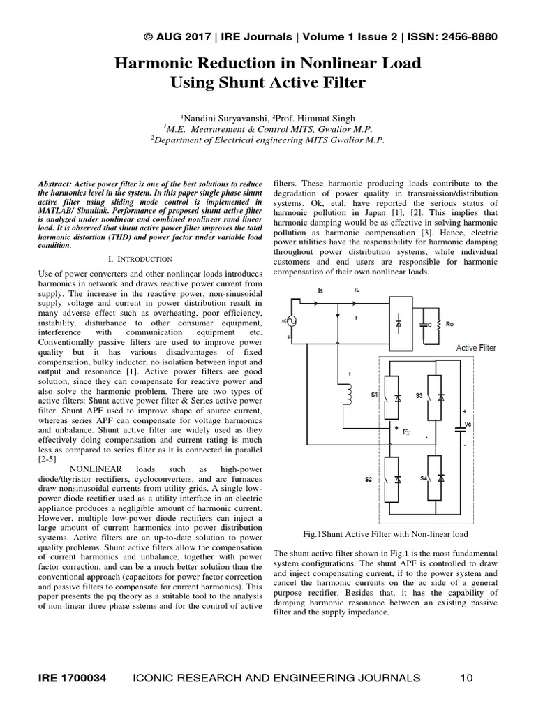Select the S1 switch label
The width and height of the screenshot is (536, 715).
coord(374,395)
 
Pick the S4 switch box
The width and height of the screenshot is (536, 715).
coord(434,478)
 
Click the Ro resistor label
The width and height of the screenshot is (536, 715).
coord(449,325)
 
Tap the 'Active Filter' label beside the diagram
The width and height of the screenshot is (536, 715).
coord(476,347)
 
